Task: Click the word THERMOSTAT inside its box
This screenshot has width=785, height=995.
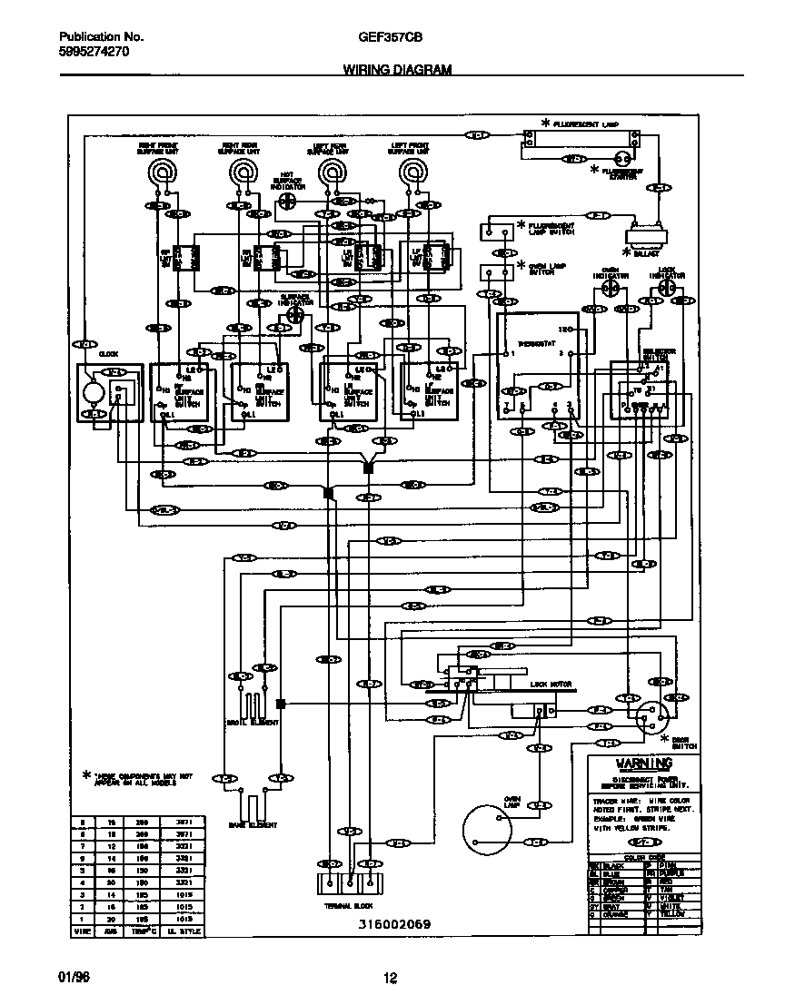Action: (x=532, y=343)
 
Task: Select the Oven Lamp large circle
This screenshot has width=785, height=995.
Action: (x=492, y=830)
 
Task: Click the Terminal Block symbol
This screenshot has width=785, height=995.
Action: (x=348, y=886)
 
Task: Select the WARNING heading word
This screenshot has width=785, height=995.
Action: (x=644, y=763)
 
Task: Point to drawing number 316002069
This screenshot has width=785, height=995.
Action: (x=393, y=924)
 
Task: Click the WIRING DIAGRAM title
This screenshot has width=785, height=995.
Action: (x=397, y=69)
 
